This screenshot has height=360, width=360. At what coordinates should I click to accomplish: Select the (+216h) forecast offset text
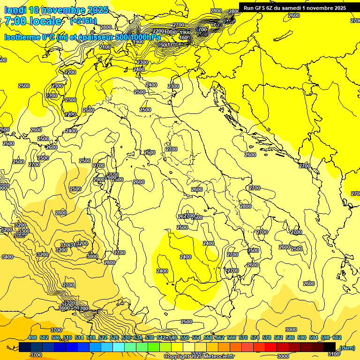coord(83,21)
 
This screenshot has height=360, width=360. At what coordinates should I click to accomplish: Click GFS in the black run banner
coord(261,7)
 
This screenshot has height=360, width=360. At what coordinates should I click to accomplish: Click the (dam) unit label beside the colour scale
coord(347,348)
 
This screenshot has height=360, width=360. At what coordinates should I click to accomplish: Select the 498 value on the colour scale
coord(32,337)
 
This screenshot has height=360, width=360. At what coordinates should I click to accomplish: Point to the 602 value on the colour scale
coord(337,337)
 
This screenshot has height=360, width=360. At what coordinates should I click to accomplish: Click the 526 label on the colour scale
coord(114,337)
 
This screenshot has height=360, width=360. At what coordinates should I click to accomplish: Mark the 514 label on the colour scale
coord(79,337)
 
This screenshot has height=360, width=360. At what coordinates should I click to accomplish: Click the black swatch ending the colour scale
coord(330,347)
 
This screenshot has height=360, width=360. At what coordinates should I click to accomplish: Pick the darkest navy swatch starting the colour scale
coord(25,347)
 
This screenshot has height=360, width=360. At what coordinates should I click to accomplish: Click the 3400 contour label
coord(7,257)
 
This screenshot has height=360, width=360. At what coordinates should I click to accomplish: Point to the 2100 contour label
coord(105,47)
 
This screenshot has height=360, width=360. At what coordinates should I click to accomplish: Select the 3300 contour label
coord(23,231)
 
